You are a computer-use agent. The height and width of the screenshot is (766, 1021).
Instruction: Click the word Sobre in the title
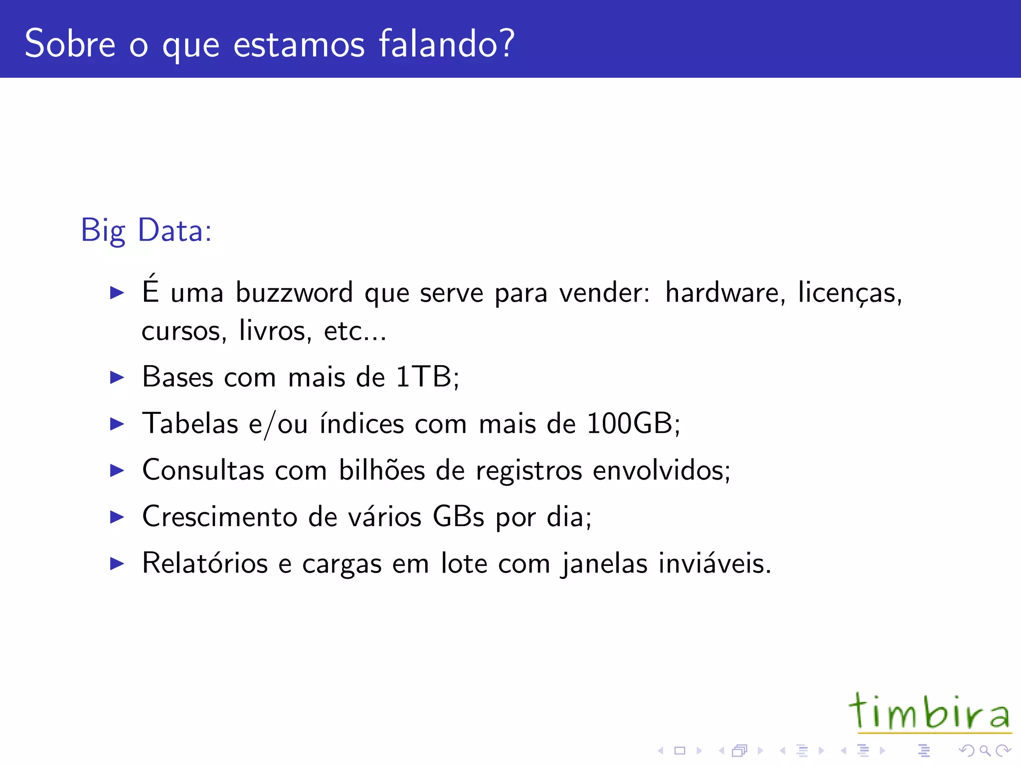point(70,44)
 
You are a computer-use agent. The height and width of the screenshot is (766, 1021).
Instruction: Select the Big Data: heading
point(147,230)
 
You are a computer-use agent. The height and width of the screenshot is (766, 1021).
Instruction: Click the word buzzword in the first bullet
point(294,293)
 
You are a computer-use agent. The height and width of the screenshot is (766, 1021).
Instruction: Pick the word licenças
point(850,293)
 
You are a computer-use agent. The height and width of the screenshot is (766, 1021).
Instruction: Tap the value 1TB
point(425,377)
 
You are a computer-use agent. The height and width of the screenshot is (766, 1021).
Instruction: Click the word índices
point(361,423)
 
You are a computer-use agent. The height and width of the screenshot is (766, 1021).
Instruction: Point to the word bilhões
point(382,470)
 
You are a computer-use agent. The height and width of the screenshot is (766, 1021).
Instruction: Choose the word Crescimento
point(219,516)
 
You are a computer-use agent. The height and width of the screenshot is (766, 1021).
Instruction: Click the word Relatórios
point(205,563)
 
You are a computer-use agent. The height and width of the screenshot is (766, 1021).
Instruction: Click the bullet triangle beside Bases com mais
point(117,378)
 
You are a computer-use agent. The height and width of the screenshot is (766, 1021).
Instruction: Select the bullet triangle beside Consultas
point(117,470)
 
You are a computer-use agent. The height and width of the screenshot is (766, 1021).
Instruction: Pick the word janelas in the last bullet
point(603,564)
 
